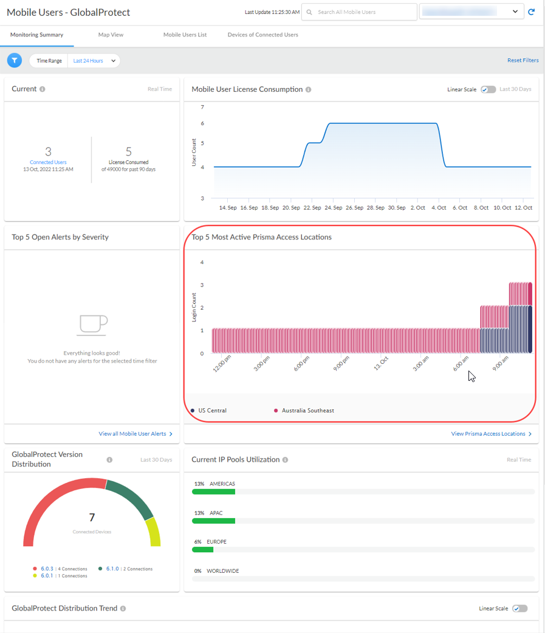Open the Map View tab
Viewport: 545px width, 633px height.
[111, 35]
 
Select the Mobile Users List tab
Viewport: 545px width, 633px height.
[185, 35]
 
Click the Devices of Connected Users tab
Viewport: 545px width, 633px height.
[262, 35]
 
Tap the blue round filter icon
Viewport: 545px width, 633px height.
[15, 60]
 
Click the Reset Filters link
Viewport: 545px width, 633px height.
[523, 60]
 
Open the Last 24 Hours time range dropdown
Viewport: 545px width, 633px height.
[94, 61]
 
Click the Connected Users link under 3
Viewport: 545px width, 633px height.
[48, 162]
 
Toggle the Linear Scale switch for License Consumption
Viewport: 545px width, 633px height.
[488, 89]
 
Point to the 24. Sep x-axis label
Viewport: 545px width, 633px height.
[333, 208]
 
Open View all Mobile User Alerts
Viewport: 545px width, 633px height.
[135, 434]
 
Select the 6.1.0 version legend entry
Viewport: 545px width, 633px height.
[112, 569]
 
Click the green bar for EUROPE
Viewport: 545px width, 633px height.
[202, 550]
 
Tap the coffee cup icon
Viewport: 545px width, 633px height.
[92, 325]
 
